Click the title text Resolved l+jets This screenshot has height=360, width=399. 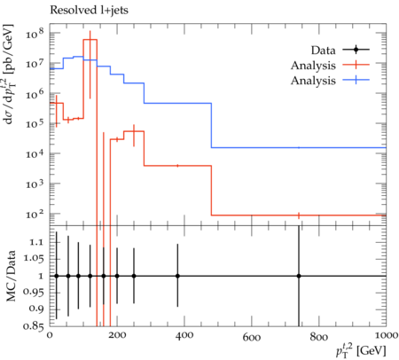(89, 11)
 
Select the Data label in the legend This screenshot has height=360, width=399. (323, 51)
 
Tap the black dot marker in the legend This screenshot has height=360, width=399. (356, 50)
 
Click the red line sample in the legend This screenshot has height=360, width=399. (356, 65)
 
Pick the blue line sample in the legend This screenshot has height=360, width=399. (356, 80)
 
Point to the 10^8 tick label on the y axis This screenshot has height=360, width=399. (35, 34)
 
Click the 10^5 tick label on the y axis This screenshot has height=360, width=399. (35, 123)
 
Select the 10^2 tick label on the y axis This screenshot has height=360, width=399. (35, 214)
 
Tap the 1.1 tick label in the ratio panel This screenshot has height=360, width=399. (36, 243)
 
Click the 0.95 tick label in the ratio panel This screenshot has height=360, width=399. (33, 292)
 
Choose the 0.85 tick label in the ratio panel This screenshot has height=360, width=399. (33, 326)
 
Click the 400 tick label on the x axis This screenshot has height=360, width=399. (184, 336)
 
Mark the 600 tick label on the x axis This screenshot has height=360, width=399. (252, 336)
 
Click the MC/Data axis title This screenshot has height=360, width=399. (11, 276)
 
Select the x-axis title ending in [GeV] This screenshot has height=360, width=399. (361, 350)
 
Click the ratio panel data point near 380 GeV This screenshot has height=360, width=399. (177, 276)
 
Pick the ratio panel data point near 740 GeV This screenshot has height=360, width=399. (299, 276)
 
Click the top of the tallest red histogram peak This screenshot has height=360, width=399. (90, 39)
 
